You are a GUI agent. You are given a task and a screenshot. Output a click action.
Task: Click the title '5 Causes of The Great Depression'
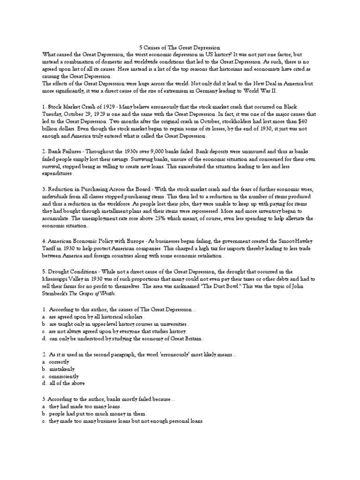180,47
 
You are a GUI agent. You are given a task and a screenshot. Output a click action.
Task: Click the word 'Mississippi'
57,278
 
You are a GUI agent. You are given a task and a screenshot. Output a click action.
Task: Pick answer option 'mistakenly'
59,369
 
